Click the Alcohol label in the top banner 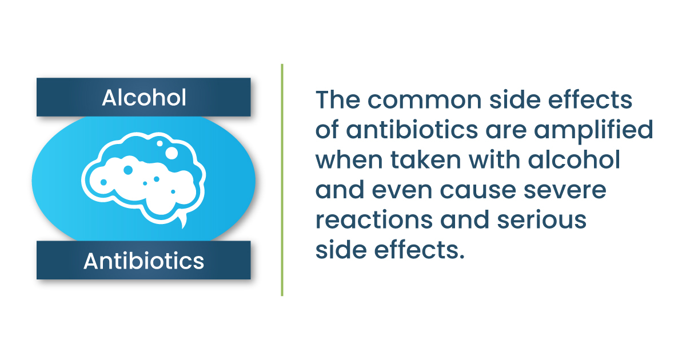(144, 98)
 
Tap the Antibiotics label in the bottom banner (143, 261)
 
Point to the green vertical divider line (282, 180)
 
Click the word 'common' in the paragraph (424, 101)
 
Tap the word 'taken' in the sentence (426, 159)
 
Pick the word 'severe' (565, 190)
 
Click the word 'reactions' (374, 219)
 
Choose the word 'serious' (542, 219)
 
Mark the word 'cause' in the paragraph (478, 190)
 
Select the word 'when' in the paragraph (349, 159)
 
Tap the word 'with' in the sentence (494, 159)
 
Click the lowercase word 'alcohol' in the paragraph (574, 159)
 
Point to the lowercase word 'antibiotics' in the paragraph (412, 129)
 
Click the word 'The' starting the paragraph (338, 99)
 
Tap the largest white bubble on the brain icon (171, 153)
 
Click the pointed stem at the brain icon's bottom (183, 222)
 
